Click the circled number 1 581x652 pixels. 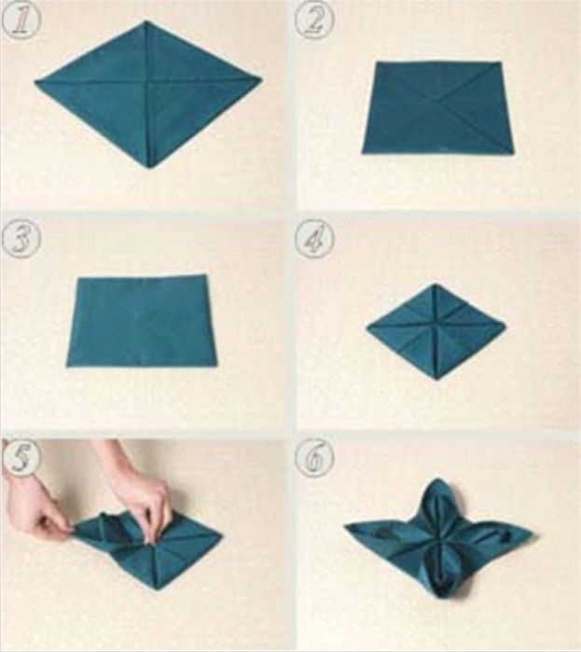[21, 20]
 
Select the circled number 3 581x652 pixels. [21, 239]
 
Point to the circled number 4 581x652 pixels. [314, 241]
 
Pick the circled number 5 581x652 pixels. [21, 458]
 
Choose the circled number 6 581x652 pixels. [314, 458]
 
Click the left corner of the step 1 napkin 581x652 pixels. [35, 82]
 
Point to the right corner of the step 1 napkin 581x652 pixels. [262, 77]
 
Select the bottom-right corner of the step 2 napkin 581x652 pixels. [514, 153]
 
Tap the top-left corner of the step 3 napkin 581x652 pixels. [77, 278]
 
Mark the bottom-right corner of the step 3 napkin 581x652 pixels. [217, 366]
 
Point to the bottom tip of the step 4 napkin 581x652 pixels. [436, 381]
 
